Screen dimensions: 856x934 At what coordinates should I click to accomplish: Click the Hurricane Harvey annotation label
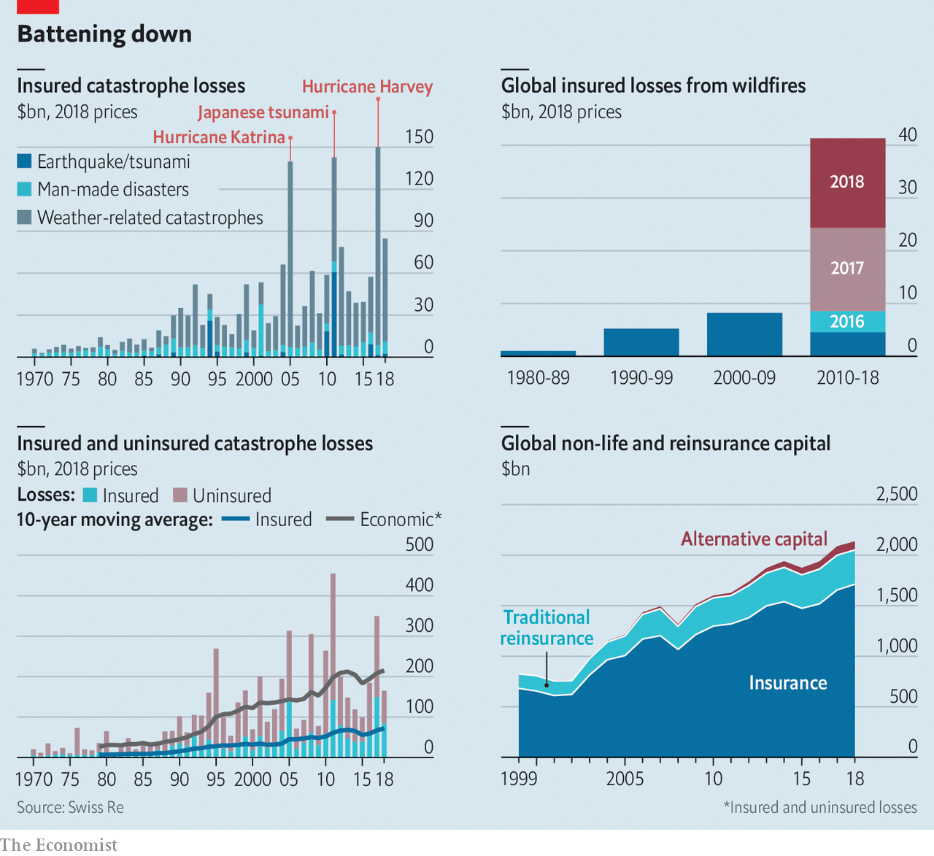367,87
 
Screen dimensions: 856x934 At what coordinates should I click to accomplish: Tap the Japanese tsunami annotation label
263,112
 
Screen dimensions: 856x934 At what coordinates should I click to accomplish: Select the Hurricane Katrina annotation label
219,137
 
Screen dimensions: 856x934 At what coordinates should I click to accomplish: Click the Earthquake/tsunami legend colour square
25,161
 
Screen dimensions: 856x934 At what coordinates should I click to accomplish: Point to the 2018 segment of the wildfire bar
847,182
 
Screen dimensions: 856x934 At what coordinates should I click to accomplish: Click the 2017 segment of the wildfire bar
847,269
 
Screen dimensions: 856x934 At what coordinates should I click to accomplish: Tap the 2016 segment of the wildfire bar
847,321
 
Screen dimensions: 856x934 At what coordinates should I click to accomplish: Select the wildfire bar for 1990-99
641,342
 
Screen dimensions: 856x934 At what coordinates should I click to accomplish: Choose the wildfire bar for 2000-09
744,334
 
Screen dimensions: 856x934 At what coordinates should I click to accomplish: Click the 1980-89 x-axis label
538,378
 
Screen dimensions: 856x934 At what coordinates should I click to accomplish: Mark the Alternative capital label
754,539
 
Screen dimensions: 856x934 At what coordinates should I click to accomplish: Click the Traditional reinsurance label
547,628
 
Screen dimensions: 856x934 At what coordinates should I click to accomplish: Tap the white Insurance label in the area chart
788,683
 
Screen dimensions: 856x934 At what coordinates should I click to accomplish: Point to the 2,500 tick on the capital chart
897,494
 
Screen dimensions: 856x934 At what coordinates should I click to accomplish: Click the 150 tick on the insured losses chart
419,137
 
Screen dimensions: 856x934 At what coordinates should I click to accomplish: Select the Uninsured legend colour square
180,496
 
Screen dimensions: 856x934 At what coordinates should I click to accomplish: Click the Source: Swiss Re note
70,807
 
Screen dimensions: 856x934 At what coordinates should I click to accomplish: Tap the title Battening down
104,34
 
